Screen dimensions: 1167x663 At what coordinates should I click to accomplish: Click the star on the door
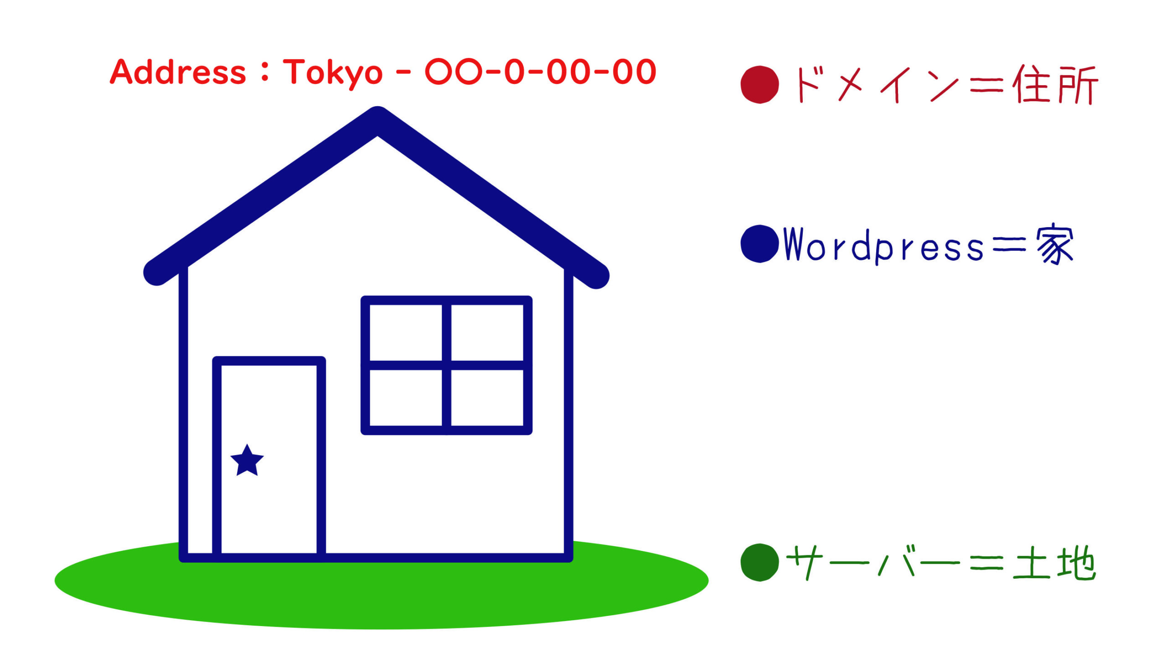click(247, 461)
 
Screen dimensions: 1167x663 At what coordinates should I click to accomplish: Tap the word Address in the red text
click(178, 72)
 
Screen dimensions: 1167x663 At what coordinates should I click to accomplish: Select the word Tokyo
click(333, 73)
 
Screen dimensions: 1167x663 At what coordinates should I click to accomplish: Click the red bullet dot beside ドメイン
click(759, 85)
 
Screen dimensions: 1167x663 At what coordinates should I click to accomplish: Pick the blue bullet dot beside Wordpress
click(759, 244)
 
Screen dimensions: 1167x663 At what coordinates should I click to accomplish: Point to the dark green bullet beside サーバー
click(759, 562)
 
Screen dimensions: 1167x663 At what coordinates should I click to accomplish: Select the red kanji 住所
click(1055, 85)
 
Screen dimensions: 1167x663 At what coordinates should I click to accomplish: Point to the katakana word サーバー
click(873, 562)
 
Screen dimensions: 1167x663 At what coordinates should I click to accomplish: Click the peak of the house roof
click(377, 115)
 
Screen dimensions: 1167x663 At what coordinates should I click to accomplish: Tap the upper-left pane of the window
click(405, 332)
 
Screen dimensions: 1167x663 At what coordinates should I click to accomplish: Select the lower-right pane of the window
click(487, 398)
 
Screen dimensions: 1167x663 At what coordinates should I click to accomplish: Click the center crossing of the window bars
click(447, 365)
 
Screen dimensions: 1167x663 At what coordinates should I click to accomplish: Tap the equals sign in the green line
click(986, 563)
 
